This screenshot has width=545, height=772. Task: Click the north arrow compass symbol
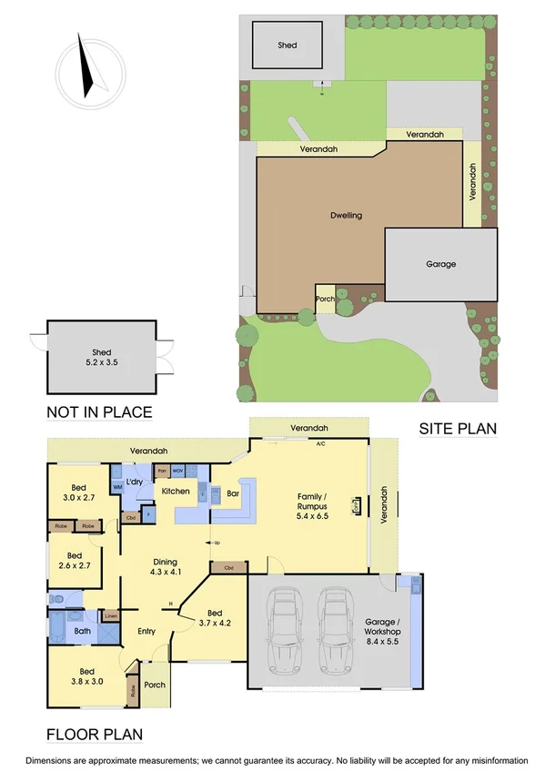click(x=87, y=66)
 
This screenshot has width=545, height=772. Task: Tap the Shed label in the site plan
click(x=288, y=45)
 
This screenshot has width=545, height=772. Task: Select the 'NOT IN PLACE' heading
click(x=98, y=412)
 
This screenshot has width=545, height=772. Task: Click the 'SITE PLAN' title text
click(x=457, y=428)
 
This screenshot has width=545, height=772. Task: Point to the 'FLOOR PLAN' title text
click(x=94, y=733)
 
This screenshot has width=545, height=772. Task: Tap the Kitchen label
click(x=176, y=491)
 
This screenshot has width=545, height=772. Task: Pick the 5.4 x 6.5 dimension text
click(x=313, y=515)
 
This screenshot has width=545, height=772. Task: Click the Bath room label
click(x=82, y=630)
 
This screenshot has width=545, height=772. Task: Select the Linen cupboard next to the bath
click(x=109, y=616)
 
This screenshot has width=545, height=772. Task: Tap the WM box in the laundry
click(x=117, y=487)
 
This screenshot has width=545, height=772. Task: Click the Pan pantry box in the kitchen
click(x=162, y=471)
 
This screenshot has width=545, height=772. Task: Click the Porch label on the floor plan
click(x=156, y=687)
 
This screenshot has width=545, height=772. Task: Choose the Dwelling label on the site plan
click(x=346, y=216)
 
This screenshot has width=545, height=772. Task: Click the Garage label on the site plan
click(x=440, y=264)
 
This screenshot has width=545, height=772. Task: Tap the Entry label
click(x=146, y=631)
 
